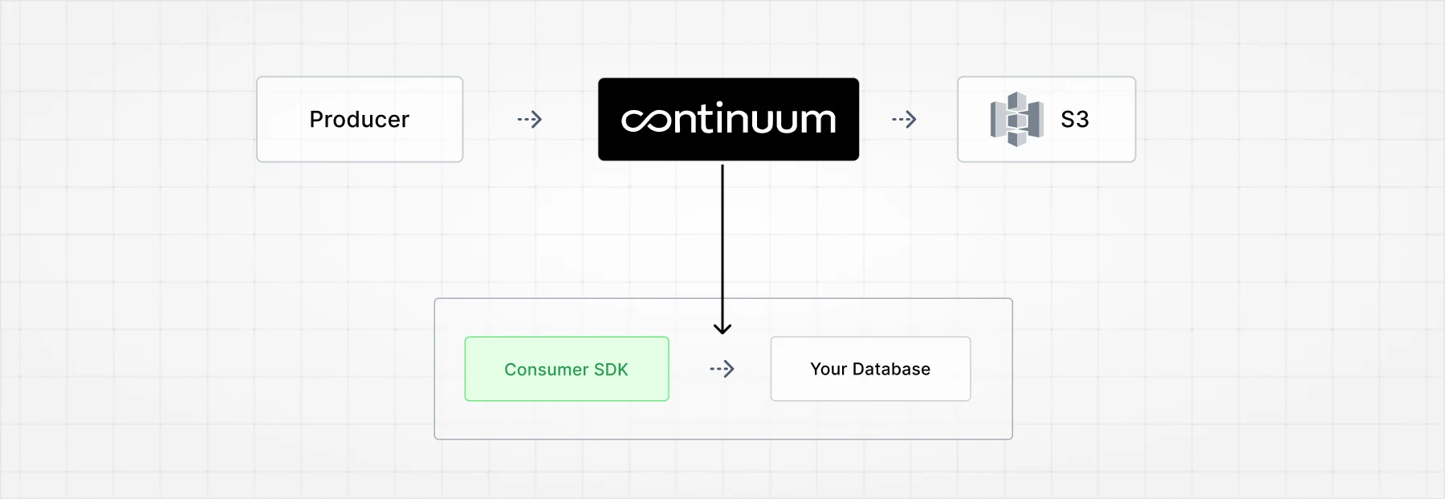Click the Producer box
(360, 120)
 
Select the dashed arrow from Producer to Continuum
(530, 120)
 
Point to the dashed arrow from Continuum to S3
(904, 120)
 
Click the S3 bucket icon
(1016, 120)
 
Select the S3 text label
(1075, 120)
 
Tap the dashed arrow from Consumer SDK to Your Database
(722, 370)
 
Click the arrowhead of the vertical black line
(722, 328)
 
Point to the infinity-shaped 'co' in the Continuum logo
(646, 120)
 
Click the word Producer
(360, 120)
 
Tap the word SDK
(611, 370)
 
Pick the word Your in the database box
(828, 369)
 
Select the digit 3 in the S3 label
(1082, 120)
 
